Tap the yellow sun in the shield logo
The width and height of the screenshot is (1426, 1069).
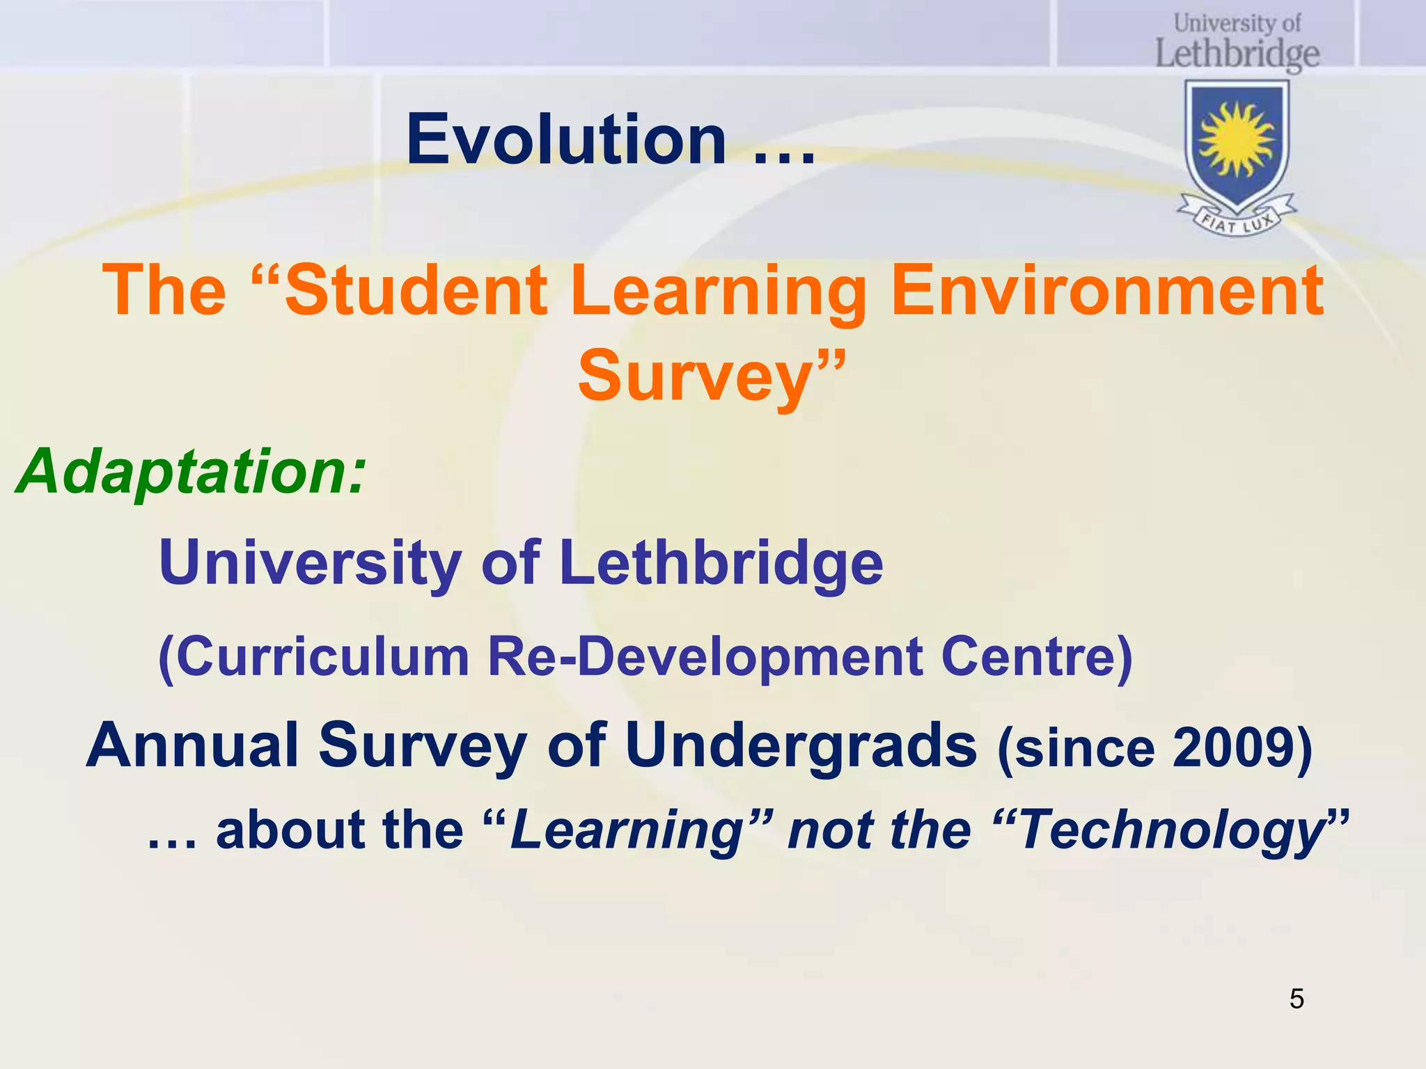pyautogui.click(x=1237, y=139)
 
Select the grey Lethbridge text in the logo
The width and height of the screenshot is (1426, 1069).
pyautogui.click(x=1237, y=54)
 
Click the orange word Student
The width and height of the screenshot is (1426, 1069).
pyautogui.click(x=416, y=290)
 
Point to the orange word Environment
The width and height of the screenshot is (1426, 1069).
pyautogui.click(x=1107, y=290)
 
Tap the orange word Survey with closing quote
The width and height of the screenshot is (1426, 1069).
pyautogui.click(x=710, y=376)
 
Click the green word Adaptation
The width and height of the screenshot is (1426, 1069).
pyautogui.click(x=188, y=472)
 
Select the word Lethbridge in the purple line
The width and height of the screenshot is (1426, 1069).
pyautogui.click(x=721, y=562)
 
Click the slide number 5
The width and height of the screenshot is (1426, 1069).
pyautogui.click(x=1296, y=999)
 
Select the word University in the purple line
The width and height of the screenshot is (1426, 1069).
pyautogui.click(x=310, y=562)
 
